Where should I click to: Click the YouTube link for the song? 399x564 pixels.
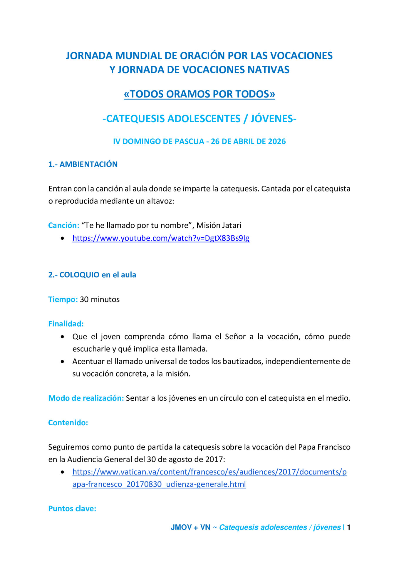[161, 238]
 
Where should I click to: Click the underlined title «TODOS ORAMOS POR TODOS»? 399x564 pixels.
[199, 94]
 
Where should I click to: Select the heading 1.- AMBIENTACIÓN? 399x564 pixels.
[83, 164]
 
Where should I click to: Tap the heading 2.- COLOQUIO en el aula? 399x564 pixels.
[92, 275]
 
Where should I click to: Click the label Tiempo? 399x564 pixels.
[63, 299]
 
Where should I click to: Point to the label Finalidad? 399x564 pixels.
[66, 324]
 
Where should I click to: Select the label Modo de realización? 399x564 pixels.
[86, 398]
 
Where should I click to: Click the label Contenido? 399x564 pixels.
[68, 422]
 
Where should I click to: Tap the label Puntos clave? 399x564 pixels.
[72, 508]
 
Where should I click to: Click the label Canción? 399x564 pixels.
[64, 225]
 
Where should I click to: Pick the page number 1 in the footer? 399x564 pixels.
[348, 527]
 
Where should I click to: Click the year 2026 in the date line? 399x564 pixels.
[277, 141]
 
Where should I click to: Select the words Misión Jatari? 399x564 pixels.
[219, 225]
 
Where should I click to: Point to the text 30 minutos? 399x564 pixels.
[100, 299]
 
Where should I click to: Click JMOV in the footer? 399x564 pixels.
[181, 527]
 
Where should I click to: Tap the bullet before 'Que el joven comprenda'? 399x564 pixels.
[62, 337]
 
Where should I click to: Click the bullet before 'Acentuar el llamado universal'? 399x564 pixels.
[62, 361]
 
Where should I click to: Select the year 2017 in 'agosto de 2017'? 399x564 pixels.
[215, 459]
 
